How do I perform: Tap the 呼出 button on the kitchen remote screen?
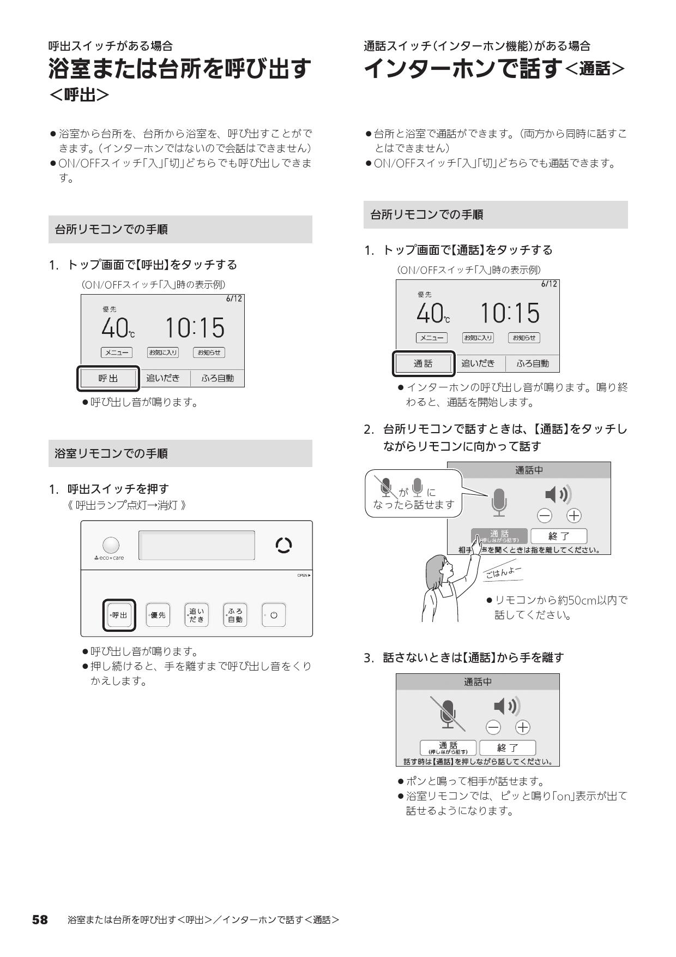click(x=108, y=378)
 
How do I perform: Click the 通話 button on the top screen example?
click(x=423, y=363)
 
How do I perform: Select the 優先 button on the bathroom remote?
click(x=158, y=615)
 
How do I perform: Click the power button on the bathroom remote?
click(x=274, y=615)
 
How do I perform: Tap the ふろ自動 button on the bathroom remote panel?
click(x=235, y=615)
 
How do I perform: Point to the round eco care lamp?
click(x=111, y=545)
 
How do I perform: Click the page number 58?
click(x=40, y=919)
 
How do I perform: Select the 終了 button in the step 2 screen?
click(x=559, y=536)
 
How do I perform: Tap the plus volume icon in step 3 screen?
click(x=523, y=727)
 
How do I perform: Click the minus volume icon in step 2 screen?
click(x=544, y=516)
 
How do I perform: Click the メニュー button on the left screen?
click(x=117, y=352)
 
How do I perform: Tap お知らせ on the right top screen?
click(x=524, y=338)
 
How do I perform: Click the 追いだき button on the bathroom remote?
click(x=196, y=615)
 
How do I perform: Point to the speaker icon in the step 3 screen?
click(x=506, y=707)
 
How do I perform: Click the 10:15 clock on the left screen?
click(x=195, y=328)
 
